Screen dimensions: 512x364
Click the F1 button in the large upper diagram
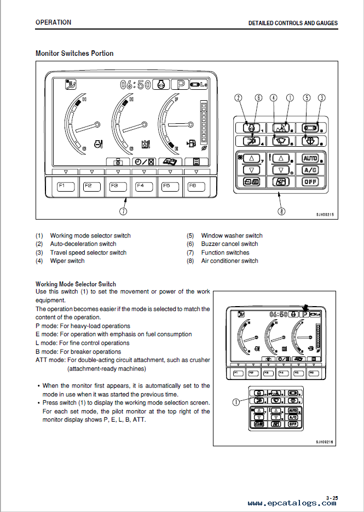point(62,186)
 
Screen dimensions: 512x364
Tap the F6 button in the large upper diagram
point(193,186)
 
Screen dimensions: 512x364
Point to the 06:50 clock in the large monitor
point(135,84)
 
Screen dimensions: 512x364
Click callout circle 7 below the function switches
point(124,210)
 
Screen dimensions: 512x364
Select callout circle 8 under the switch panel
point(281,210)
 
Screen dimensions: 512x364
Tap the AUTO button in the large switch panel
point(310,158)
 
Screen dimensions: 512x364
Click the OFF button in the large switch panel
point(310,181)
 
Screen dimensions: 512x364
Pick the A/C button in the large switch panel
point(310,170)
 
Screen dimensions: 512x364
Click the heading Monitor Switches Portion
point(74,54)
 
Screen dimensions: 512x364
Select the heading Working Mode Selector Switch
point(76,284)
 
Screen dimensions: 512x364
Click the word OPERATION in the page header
point(53,22)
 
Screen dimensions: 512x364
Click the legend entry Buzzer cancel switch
point(229,244)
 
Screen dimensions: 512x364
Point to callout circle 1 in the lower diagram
point(236,401)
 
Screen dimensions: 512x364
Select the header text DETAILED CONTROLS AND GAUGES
point(293,24)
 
